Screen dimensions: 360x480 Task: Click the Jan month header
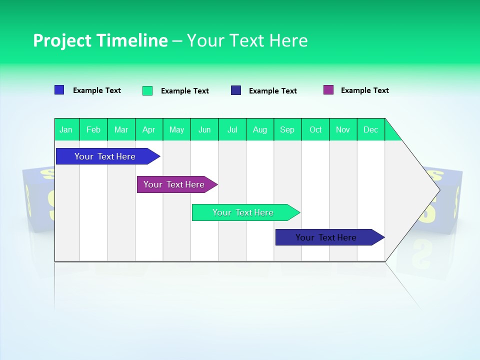pos(66,129)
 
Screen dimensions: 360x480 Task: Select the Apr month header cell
pos(149,129)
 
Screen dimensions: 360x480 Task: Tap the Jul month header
pos(232,129)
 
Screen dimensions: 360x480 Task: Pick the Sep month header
pos(287,129)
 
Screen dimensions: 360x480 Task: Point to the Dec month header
pos(370,129)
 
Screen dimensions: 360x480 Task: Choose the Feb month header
pos(93,129)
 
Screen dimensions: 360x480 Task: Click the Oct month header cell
pos(315,129)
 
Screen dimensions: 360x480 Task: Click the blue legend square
pos(59,90)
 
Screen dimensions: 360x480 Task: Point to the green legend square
pos(147,90)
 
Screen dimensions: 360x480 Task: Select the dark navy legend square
pos(236,90)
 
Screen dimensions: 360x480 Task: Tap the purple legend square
pos(328,90)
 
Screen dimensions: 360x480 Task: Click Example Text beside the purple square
pos(364,90)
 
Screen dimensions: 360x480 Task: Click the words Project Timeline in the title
pos(100,40)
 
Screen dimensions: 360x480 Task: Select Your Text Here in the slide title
pos(247,40)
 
